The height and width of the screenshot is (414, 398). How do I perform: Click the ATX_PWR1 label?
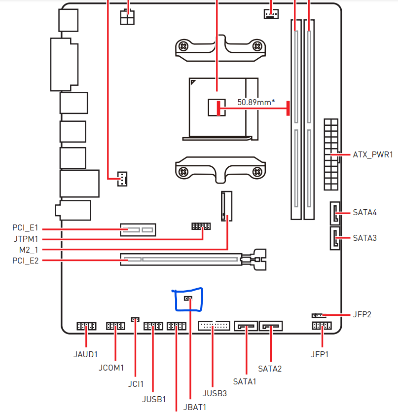373,154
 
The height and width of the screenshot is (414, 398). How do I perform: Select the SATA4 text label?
365,213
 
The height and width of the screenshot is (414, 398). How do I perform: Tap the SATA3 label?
365,238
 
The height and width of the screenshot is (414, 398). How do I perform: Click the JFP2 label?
362,314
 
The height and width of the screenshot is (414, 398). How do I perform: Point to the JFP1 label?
320,354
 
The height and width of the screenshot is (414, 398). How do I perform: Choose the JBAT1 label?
194,407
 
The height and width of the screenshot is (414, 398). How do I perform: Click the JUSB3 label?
215,393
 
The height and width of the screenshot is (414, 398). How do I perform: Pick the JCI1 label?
135,383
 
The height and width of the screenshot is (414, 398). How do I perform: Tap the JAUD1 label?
86,354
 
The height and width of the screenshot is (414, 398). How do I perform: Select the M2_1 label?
29,250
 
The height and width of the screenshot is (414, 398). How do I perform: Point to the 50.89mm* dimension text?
256,102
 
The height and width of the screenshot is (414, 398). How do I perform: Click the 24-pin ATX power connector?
331,154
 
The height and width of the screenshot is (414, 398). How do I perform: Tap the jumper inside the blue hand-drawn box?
188,299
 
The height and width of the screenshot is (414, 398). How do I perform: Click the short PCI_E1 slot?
138,229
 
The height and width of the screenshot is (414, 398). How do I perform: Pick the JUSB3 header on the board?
214,326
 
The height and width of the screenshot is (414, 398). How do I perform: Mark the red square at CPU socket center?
217,107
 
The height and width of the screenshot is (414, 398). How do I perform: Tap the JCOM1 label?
111,368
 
